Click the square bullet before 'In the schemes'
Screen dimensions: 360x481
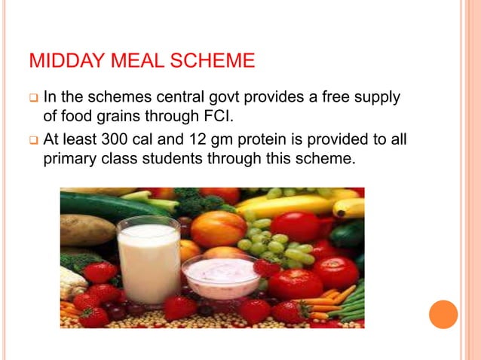(x=33, y=99)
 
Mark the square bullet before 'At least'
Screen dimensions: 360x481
(x=33, y=141)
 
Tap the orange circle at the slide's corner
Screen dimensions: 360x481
(x=443, y=315)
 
